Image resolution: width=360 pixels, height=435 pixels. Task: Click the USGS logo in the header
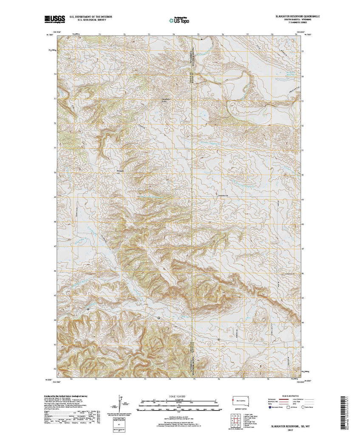(50, 19)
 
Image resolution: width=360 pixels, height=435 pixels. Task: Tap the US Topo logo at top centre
(179, 20)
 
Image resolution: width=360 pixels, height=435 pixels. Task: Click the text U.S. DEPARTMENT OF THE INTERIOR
(88, 16)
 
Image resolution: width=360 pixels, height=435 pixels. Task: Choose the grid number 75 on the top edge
(198, 34)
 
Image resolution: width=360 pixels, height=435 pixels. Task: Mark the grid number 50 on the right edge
(302, 175)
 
